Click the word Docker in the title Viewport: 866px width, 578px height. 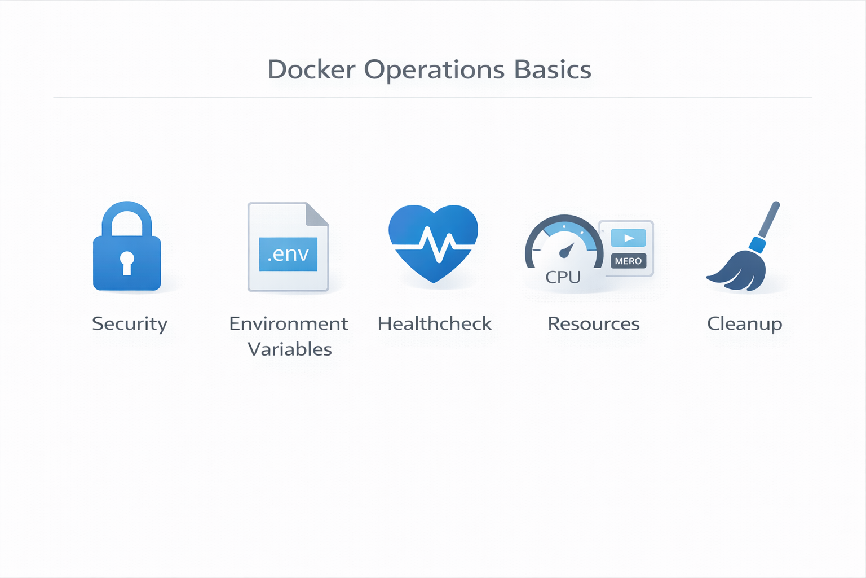click(x=311, y=70)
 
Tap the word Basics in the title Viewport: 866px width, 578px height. click(x=553, y=70)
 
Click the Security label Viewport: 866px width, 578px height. click(x=130, y=324)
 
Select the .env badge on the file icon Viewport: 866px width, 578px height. click(x=288, y=254)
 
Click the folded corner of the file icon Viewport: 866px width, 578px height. click(x=316, y=214)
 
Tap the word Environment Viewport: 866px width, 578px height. click(x=288, y=324)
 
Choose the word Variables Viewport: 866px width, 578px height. click(x=290, y=349)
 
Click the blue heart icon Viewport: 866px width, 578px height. click(x=433, y=243)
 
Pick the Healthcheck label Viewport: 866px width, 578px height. click(x=435, y=324)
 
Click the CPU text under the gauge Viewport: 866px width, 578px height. click(x=563, y=277)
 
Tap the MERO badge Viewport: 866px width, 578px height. click(x=628, y=261)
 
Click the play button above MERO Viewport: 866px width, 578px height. click(x=628, y=238)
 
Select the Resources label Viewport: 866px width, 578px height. click(x=594, y=324)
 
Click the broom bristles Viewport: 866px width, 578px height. click(x=741, y=271)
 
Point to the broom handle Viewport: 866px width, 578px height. click(x=768, y=221)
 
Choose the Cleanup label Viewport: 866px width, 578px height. click(x=745, y=324)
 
